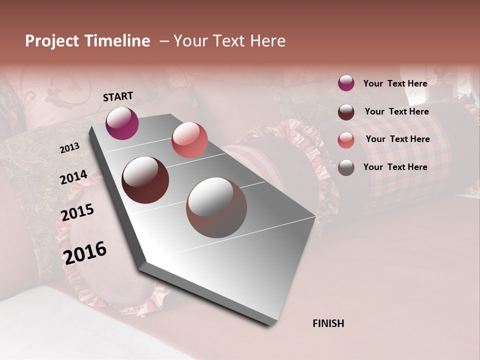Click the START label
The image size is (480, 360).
(118, 96)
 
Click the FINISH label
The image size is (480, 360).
(328, 323)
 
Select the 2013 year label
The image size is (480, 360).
(70, 147)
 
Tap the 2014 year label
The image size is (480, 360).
(74, 177)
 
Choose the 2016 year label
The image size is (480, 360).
(85, 252)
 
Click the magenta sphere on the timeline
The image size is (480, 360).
(122, 123)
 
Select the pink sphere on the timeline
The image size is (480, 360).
(189, 140)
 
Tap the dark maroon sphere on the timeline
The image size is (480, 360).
(145, 180)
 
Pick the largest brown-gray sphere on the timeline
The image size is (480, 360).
(216, 207)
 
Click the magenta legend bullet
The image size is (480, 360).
(346, 83)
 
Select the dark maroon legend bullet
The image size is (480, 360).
(346, 112)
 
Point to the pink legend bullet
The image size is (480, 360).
(346, 140)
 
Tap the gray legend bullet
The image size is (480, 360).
(346, 167)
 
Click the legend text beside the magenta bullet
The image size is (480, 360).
(395, 83)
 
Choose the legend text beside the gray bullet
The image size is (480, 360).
(395, 167)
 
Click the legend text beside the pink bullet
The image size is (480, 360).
(397, 139)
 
